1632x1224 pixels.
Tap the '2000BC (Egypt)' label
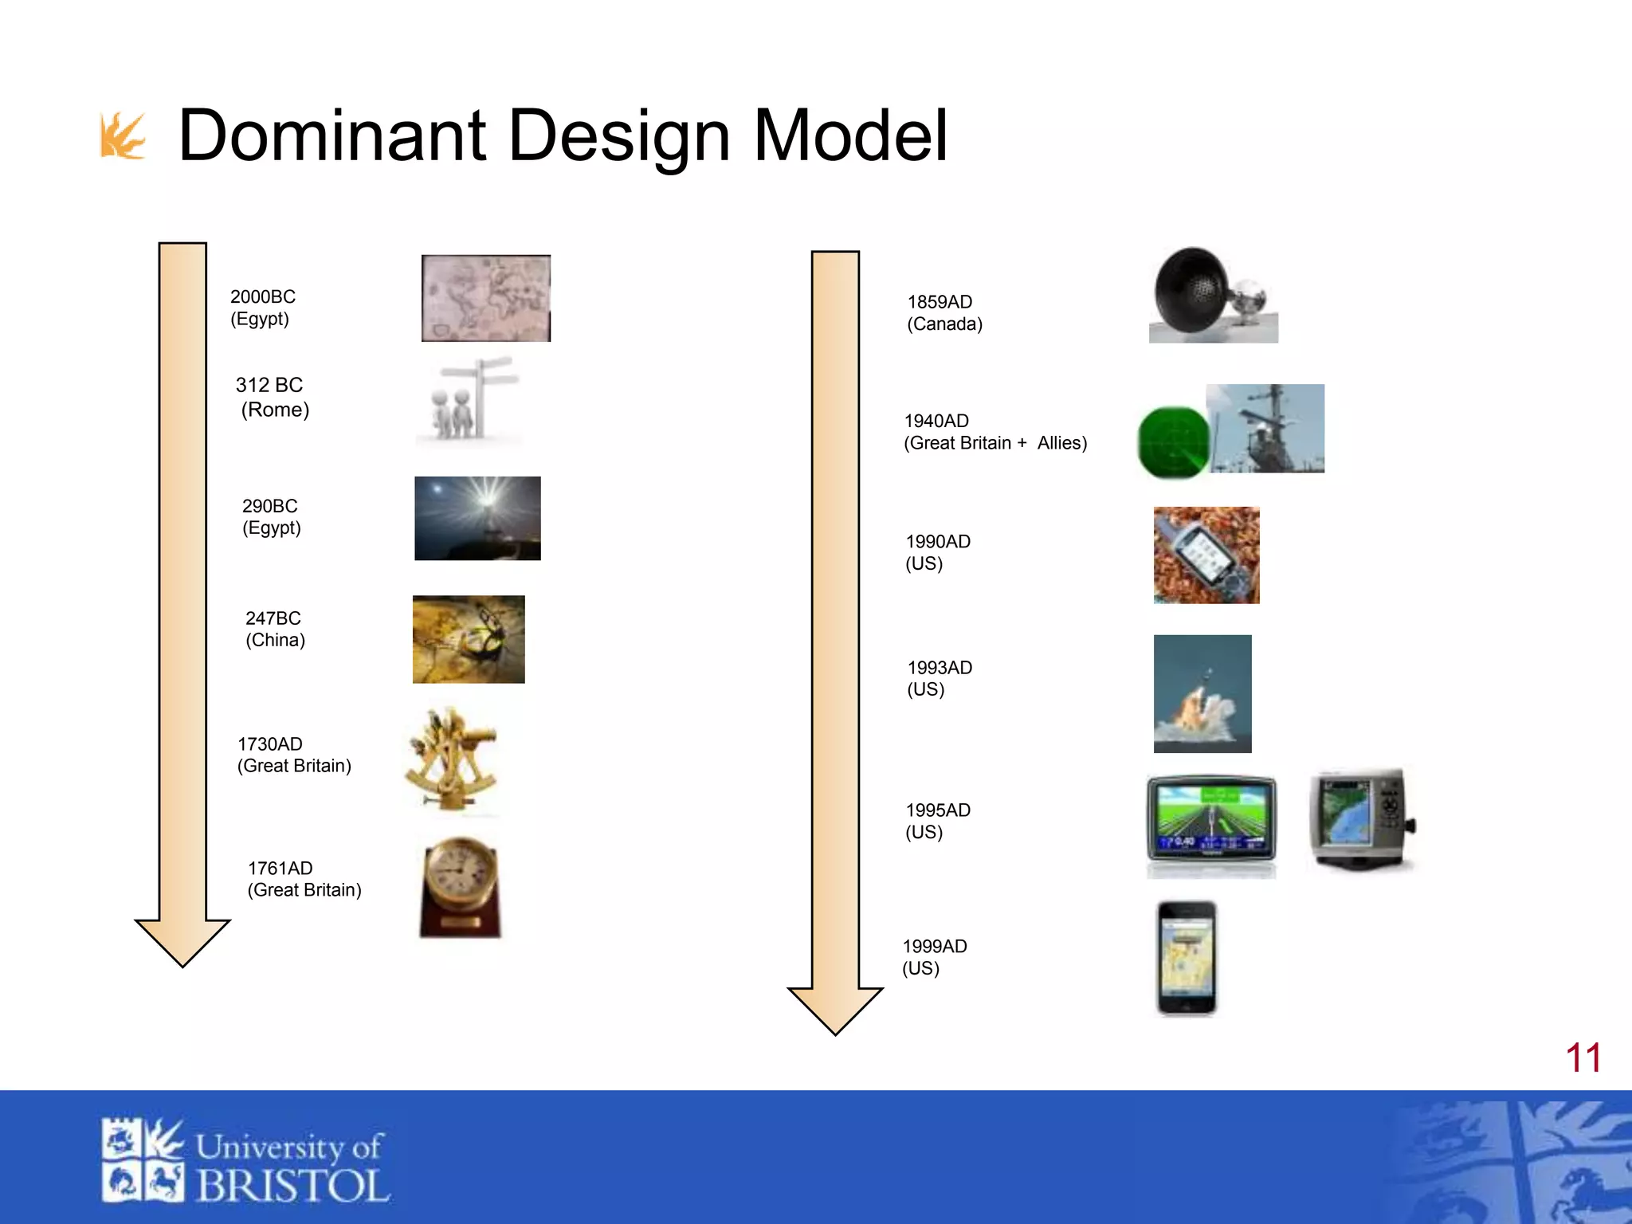tap(262, 308)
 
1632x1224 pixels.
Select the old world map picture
tap(485, 298)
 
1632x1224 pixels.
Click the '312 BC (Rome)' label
tap(273, 397)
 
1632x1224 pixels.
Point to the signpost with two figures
tap(469, 401)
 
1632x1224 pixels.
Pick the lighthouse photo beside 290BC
tap(477, 518)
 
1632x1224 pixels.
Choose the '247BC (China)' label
tap(275, 629)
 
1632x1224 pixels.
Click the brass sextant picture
tap(451, 759)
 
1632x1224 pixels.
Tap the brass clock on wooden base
tap(460, 886)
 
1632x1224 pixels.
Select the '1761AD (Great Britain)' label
tap(304, 879)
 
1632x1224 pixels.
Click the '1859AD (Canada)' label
tap(944, 313)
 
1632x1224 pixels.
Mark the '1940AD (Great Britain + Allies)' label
tap(995, 432)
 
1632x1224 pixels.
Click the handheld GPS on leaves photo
tap(1206, 555)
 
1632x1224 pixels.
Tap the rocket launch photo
tap(1202, 693)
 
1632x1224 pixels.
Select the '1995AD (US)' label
tap(938, 821)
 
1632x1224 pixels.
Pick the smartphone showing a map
tap(1187, 959)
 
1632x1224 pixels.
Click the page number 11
tap(1583, 1058)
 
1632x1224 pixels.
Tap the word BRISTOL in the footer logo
tap(292, 1186)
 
